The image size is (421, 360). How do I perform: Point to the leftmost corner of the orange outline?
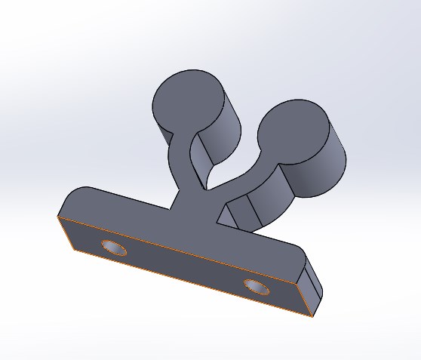click(58, 217)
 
